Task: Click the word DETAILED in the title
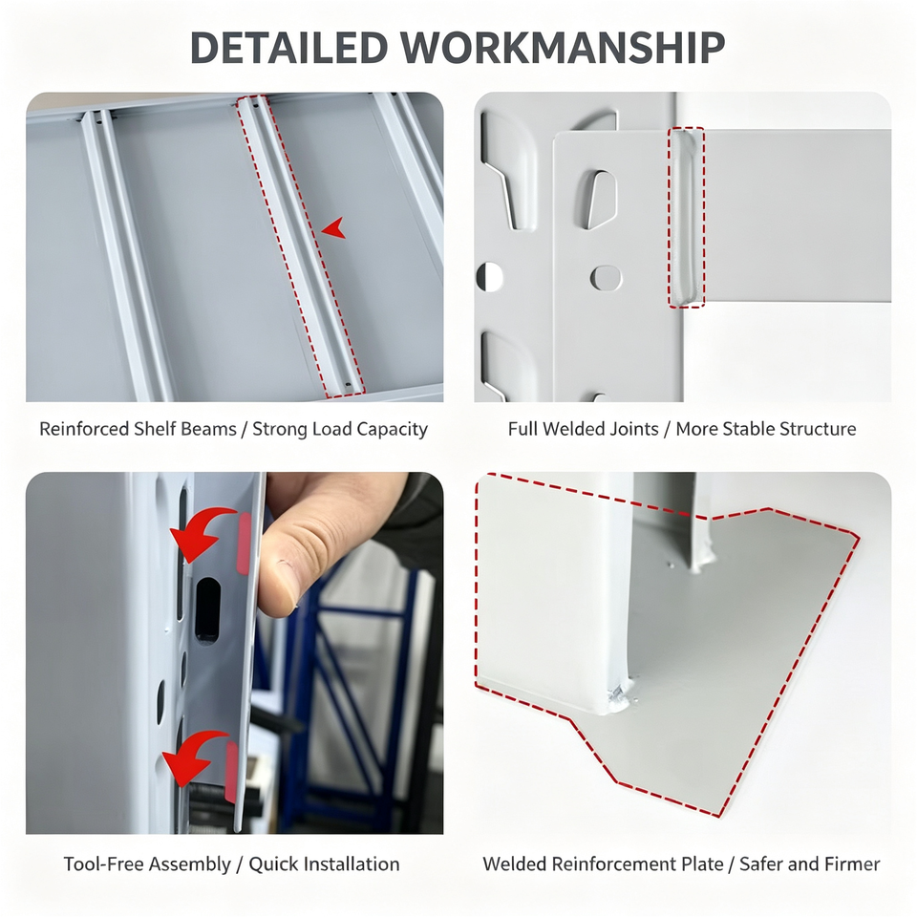[x=288, y=47]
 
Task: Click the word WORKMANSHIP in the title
[x=563, y=47]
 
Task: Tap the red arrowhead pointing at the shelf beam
[x=334, y=227]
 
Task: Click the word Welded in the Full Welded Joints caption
[x=575, y=429]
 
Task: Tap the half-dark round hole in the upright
[x=490, y=277]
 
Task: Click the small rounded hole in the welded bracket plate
[x=606, y=278]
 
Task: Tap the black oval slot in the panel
[x=207, y=608]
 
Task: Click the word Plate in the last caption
[x=705, y=864]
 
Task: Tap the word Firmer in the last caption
[x=852, y=864]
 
